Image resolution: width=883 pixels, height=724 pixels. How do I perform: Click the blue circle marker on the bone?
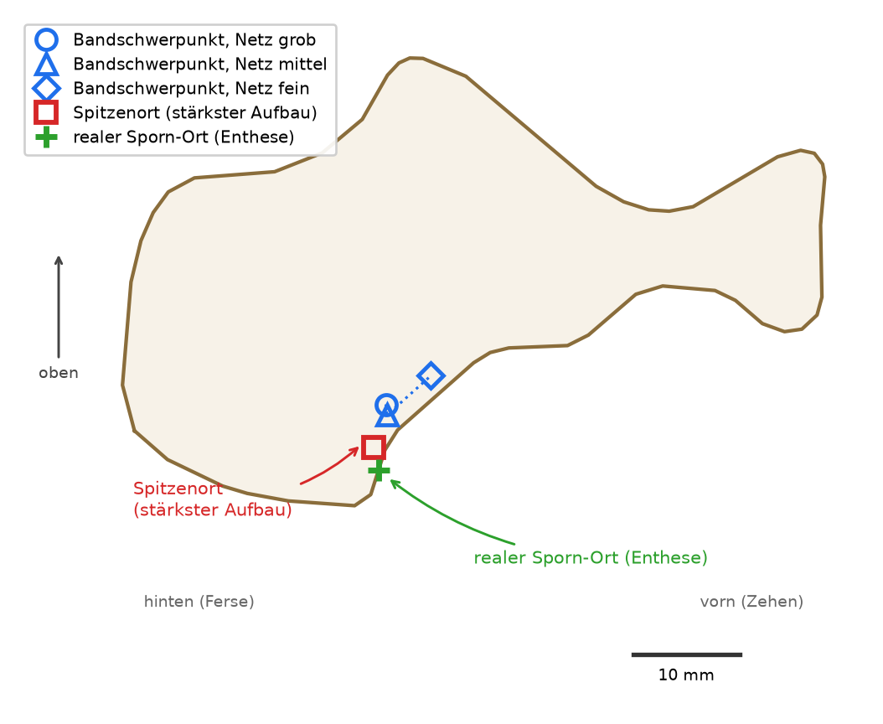click(386, 395)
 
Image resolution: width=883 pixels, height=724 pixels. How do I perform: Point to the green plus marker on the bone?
click(379, 470)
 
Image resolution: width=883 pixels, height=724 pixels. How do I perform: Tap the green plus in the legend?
click(46, 137)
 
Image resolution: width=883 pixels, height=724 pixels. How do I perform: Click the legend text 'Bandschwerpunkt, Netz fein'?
click(192, 89)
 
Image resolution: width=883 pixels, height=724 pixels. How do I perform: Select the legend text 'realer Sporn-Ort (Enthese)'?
click(183, 137)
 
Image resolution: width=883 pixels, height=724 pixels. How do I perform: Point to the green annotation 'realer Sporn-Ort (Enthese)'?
click(591, 558)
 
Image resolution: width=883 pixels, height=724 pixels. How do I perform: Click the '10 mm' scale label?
click(686, 675)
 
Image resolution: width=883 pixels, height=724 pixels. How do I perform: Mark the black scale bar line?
click(687, 654)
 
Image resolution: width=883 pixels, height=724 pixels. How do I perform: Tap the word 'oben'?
click(59, 373)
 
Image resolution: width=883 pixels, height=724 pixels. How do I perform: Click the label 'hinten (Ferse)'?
click(199, 602)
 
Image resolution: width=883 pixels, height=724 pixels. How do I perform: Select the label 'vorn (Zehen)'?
click(751, 602)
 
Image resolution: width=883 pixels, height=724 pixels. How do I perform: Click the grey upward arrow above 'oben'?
click(59, 307)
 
